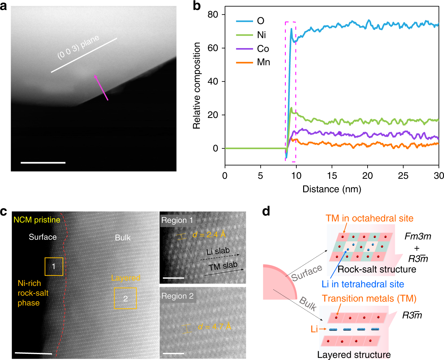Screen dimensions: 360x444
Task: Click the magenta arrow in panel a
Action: pyautogui.click(x=101, y=87)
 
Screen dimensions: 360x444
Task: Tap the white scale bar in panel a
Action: pyautogui.click(x=43, y=162)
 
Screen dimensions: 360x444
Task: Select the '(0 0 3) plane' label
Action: pyautogui.click(x=78, y=47)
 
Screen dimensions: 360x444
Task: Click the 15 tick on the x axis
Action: pyautogui.click(x=332, y=176)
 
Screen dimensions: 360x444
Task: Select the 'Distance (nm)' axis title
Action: pyautogui.click(x=332, y=189)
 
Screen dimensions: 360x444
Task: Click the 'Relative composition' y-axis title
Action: pyautogui.click(x=196, y=86)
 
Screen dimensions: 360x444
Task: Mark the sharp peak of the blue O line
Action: pyautogui.click(x=291, y=29)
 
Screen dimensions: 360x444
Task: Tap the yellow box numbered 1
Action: pyautogui.click(x=54, y=266)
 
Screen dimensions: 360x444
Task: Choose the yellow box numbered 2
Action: pyautogui.click(x=125, y=298)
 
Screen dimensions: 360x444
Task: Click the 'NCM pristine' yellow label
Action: pyautogui.click(x=37, y=220)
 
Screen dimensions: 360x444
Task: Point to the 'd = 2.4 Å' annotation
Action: pyautogui.click(x=209, y=235)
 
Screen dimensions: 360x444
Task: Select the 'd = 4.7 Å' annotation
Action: pyautogui.click(x=214, y=327)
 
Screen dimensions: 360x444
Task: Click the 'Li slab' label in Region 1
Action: pyautogui.click(x=218, y=251)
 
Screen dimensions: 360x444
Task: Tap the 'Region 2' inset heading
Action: pyautogui.click(x=177, y=296)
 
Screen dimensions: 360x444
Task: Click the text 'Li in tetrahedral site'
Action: pyautogui.click(x=363, y=284)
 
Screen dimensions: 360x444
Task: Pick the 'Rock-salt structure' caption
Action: pyautogui.click(x=377, y=269)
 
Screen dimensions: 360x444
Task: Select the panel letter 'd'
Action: pyautogui.click(x=266, y=212)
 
